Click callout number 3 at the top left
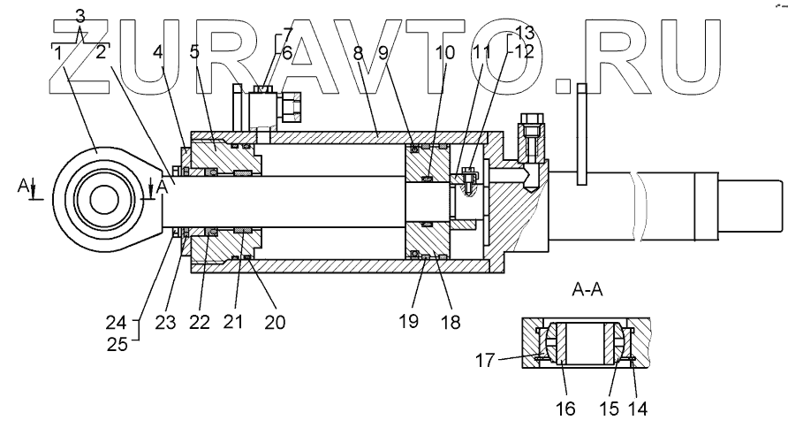[80, 15]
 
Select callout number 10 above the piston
[444, 53]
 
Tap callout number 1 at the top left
[57, 53]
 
